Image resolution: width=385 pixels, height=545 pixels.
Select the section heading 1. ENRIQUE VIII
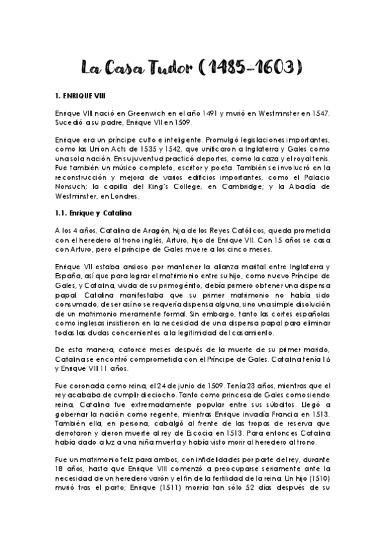click(x=81, y=95)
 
